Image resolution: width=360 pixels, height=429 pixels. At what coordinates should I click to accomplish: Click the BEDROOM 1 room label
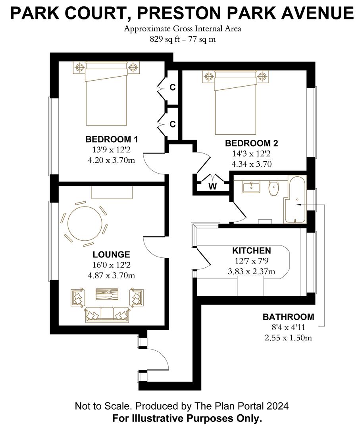click(x=112, y=139)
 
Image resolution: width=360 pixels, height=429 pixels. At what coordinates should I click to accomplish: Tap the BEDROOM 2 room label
click(x=252, y=143)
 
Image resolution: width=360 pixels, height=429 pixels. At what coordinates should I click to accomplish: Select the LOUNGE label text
click(x=111, y=255)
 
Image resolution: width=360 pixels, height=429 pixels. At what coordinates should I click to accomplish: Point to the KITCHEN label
click(x=252, y=250)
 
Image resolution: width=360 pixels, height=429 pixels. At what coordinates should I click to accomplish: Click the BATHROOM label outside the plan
click(x=289, y=317)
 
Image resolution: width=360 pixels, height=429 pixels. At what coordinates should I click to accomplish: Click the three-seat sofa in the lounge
click(x=107, y=314)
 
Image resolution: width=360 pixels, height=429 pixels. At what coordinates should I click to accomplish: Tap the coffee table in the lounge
click(x=107, y=294)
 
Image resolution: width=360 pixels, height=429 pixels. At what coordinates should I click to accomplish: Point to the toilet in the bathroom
click(x=273, y=188)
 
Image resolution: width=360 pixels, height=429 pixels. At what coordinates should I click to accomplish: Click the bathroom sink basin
click(x=251, y=187)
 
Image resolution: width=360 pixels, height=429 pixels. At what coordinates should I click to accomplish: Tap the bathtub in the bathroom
click(x=295, y=200)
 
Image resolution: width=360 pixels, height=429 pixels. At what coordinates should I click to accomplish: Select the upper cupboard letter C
click(x=173, y=87)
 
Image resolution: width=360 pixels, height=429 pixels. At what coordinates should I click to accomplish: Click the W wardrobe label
click(x=212, y=187)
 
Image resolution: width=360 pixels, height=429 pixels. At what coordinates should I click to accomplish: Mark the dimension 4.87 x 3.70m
click(x=111, y=276)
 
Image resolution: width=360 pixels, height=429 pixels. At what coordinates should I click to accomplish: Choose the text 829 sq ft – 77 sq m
click(x=183, y=39)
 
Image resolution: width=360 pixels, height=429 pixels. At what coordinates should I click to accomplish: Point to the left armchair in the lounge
click(x=78, y=298)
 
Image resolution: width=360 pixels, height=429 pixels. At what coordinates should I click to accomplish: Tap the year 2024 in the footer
click(x=277, y=406)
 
